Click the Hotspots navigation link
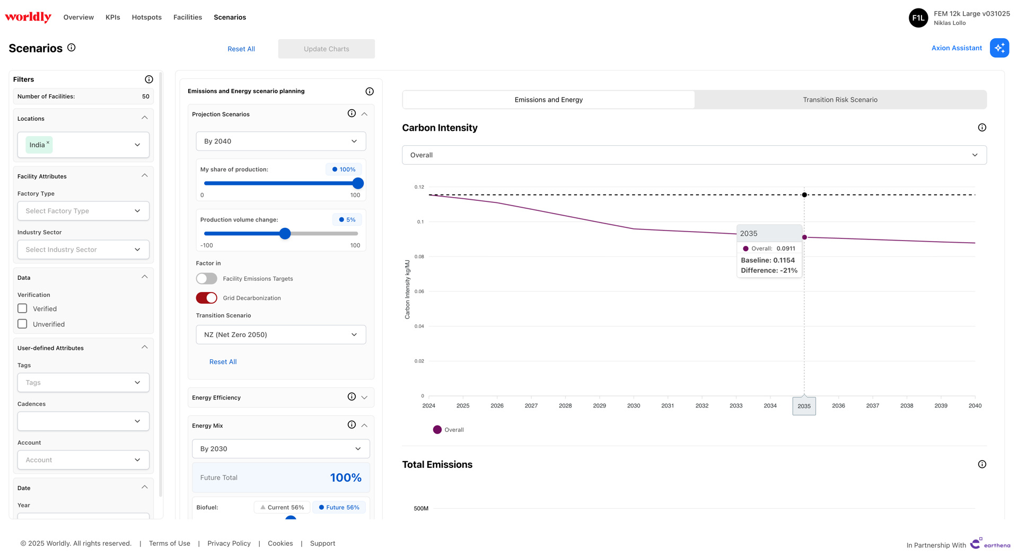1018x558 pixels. (146, 17)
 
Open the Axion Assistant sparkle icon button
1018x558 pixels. (999, 48)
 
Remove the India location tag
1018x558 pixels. (48, 142)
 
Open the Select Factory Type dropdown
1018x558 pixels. (83, 211)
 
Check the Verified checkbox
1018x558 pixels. (22, 308)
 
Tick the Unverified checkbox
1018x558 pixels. (22, 324)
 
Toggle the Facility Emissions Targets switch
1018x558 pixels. (206, 279)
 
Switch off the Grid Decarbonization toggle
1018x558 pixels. (206, 298)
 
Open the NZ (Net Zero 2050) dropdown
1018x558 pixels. (280, 335)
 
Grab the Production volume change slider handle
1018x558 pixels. (285, 234)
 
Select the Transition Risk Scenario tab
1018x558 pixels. (840, 100)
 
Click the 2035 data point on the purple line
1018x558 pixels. (804, 237)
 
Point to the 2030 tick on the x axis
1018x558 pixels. (634, 406)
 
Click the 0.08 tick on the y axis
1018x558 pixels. (419, 257)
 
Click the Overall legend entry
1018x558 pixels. (449, 430)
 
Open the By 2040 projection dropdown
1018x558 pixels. (280, 141)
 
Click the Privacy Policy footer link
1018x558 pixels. (229, 544)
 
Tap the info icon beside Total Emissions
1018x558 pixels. (982, 464)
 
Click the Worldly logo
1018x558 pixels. (28, 17)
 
